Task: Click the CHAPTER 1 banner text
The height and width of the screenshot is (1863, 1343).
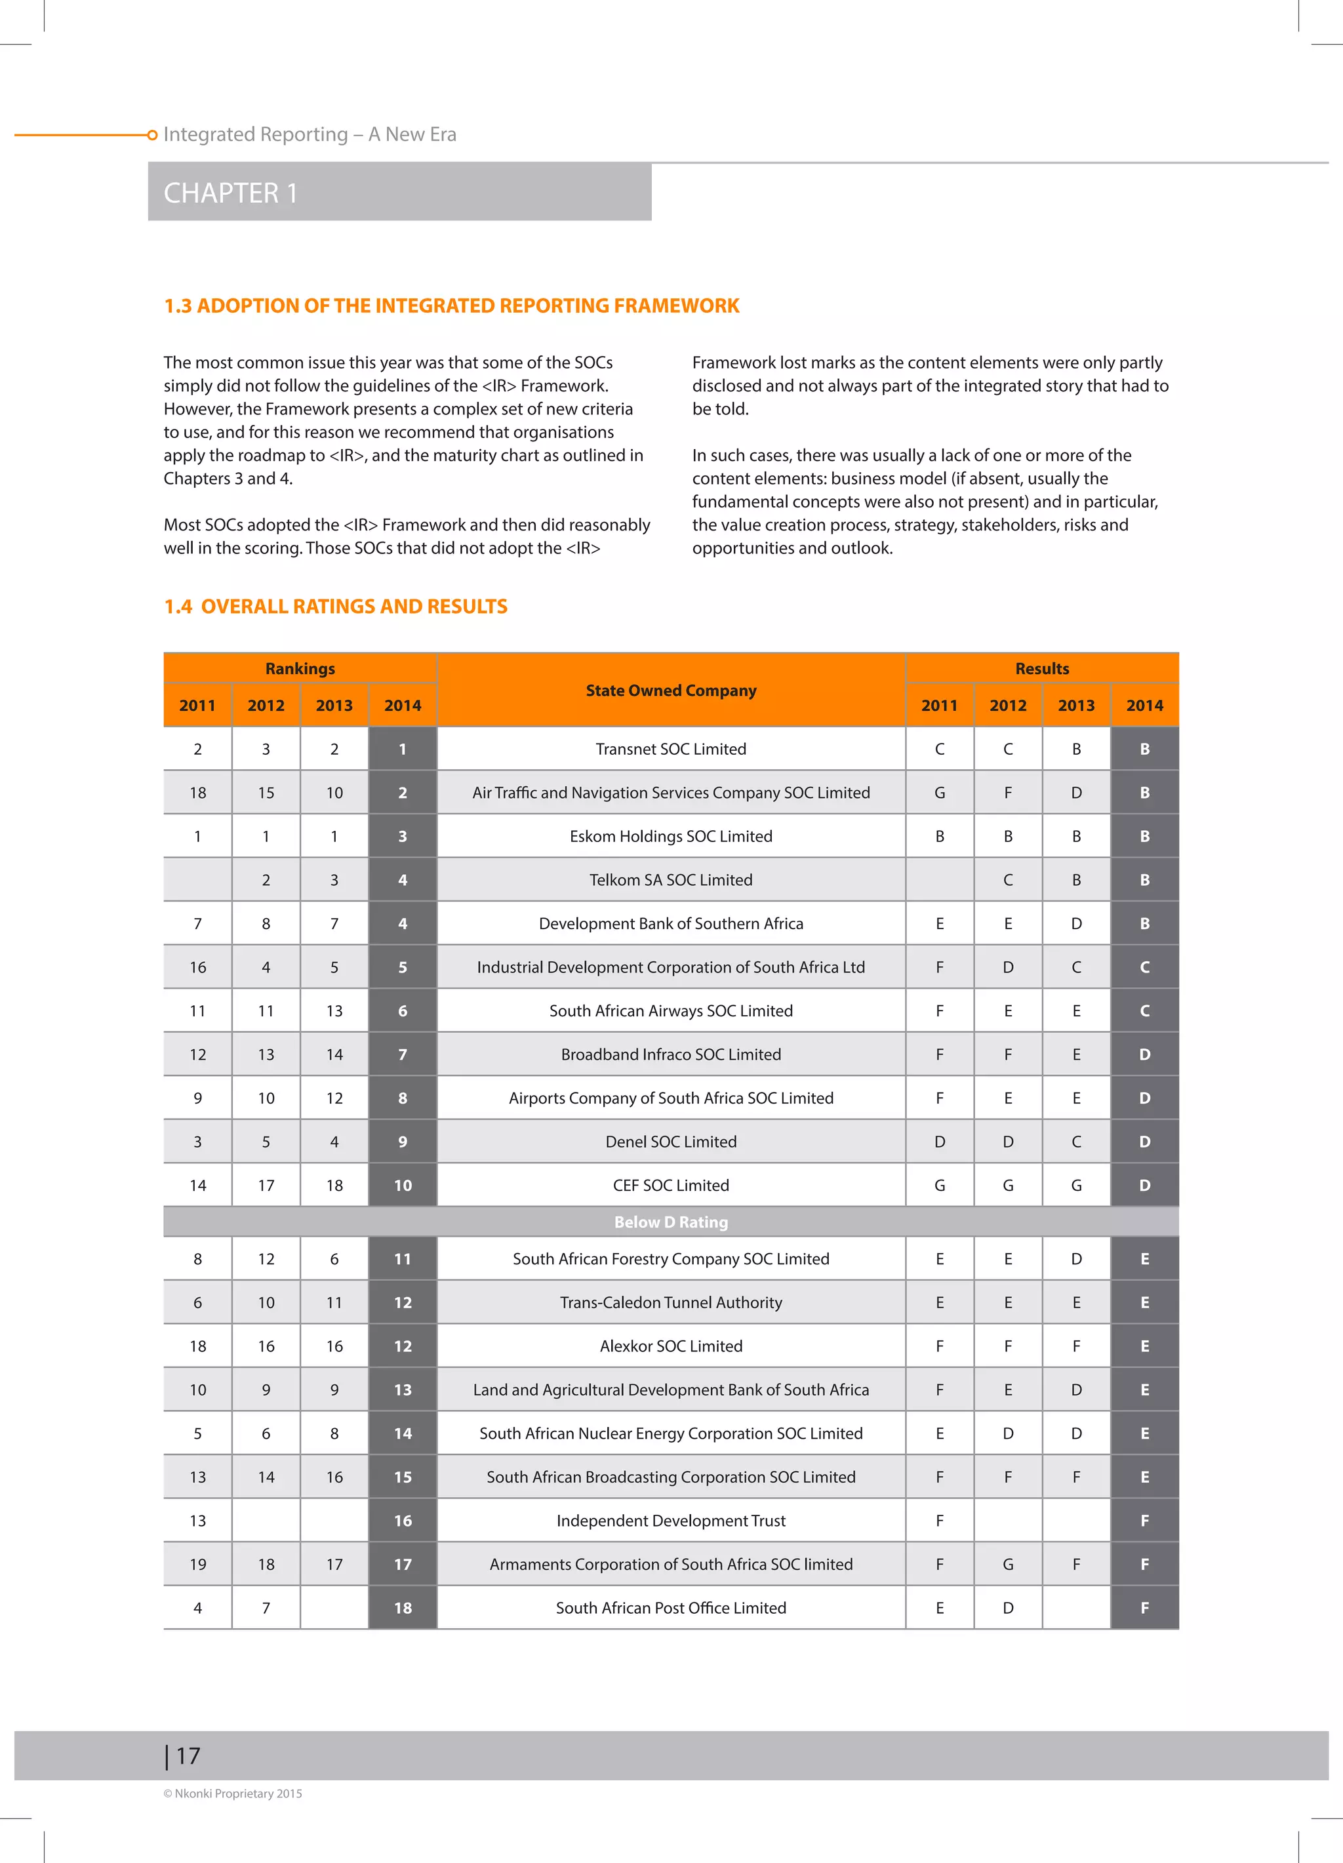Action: pyautogui.click(x=230, y=193)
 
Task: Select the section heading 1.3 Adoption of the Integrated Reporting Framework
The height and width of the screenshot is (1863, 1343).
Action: pyautogui.click(x=451, y=306)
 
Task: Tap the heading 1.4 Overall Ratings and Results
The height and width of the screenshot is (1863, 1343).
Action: pyautogui.click(x=335, y=606)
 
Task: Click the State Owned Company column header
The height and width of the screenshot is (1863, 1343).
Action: pyautogui.click(x=670, y=690)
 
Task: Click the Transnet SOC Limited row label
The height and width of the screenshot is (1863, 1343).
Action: pyautogui.click(x=670, y=749)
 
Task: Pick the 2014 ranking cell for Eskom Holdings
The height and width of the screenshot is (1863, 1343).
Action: pyautogui.click(x=403, y=836)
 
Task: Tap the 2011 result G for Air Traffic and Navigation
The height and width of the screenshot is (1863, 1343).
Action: pyautogui.click(x=939, y=793)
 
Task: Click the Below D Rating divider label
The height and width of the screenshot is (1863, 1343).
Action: pyautogui.click(x=670, y=1222)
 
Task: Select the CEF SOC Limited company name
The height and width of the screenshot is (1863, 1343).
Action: pyautogui.click(x=670, y=1186)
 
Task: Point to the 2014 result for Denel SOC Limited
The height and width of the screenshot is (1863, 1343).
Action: pyautogui.click(x=1144, y=1142)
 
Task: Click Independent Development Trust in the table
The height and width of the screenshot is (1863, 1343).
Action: pyautogui.click(x=670, y=1521)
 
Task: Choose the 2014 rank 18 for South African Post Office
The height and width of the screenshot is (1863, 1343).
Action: pyautogui.click(x=403, y=1607)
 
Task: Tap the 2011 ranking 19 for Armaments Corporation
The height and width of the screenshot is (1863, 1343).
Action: pyautogui.click(x=198, y=1564)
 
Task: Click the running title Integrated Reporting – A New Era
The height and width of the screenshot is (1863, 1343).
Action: pyautogui.click(x=310, y=134)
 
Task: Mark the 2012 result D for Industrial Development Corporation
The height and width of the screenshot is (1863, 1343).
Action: pyautogui.click(x=1008, y=967)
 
